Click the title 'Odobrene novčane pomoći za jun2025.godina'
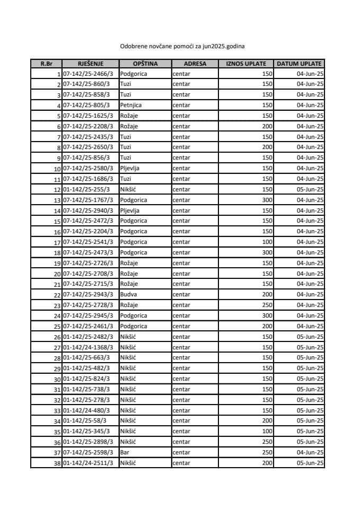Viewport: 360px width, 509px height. click(x=182, y=46)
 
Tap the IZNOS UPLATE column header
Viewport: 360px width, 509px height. click(x=246, y=64)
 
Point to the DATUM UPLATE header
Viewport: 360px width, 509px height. click(x=300, y=64)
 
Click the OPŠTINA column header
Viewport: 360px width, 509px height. click(x=145, y=64)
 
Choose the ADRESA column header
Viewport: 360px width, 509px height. click(x=195, y=64)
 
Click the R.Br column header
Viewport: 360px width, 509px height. click(x=46, y=64)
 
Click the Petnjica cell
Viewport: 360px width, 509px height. click(x=131, y=105)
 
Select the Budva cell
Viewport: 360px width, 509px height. click(x=128, y=294)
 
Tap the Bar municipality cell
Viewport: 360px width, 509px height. click(x=125, y=452)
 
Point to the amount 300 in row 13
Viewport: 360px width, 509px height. click(x=267, y=200)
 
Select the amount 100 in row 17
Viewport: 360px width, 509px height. click(x=267, y=242)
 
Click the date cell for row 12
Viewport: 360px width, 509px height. click(x=310, y=189)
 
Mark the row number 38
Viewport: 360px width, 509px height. click(x=57, y=463)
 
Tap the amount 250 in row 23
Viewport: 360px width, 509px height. click(x=267, y=305)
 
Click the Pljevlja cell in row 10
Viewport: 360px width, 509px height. click(x=130, y=168)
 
